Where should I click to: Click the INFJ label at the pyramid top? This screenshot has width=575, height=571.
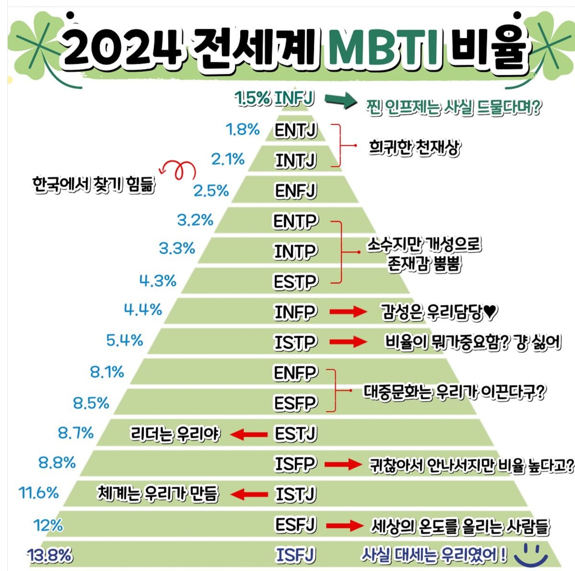pos(294,98)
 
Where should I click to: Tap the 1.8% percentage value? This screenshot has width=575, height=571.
pos(243,130)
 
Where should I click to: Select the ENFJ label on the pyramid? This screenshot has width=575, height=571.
pos(295,191)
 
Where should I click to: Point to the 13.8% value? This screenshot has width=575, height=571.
pos(50,555)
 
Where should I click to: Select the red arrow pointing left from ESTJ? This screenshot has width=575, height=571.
pos(249,434)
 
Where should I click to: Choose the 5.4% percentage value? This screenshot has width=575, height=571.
pos(125,340)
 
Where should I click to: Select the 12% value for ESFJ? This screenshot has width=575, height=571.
pos(48,525)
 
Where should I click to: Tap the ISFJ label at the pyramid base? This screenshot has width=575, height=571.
pos(295,555)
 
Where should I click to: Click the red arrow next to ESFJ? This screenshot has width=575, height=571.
pos(344,525)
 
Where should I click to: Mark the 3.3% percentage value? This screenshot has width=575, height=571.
pos(177,249)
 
